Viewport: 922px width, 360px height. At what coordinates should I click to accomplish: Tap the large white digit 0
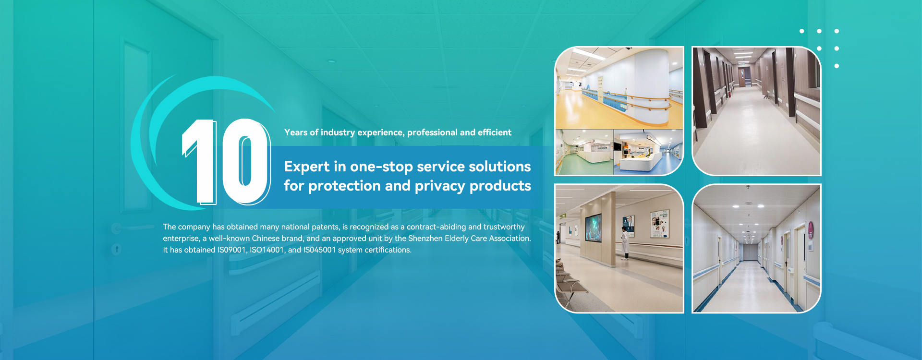[246, 161]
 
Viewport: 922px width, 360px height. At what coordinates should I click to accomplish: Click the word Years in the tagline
[296, 132]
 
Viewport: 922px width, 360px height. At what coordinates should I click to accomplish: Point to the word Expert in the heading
[307, 167]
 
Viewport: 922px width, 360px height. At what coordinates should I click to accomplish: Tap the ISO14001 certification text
[267, 250]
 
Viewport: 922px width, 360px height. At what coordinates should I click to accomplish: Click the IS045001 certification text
[319, 250]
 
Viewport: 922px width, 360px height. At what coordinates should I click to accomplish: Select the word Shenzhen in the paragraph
[425, 239]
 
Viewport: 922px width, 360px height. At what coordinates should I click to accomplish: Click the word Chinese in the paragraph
[266, 239]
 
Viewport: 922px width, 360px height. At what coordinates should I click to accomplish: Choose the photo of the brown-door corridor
[756, 111]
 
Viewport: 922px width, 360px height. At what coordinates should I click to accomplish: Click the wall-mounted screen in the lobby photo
[593, 228]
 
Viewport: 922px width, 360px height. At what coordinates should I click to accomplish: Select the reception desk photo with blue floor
[648, 152]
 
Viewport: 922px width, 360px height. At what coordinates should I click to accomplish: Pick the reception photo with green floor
[584, 152]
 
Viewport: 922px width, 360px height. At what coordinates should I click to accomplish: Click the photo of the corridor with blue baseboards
[756, 249]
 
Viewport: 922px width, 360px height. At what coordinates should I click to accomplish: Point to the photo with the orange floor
[619, 88]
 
